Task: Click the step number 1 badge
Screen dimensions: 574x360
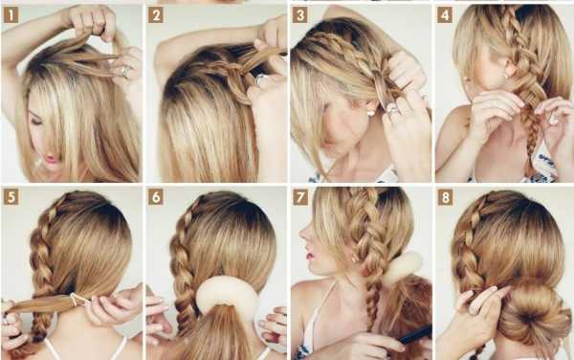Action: [x=11, y=15]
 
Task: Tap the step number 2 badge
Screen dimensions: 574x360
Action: [x=156, y=15]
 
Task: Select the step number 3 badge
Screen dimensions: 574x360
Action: [x=299, y=15]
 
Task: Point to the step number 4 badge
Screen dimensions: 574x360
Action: [x=445, y=15]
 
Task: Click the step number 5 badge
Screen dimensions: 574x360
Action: [x=11, y=197]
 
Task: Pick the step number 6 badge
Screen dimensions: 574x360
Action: [x=156, y=197]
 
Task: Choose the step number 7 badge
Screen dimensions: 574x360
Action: [x=300, y=198]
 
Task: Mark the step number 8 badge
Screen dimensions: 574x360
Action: [x=445, y=198]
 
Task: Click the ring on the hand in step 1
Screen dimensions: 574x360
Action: [x=125, y=71]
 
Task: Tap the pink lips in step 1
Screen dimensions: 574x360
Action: [x=53, y=159]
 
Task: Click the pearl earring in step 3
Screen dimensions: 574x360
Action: [x=371, y=112]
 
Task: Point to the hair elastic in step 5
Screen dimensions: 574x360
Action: [x=79, y=300]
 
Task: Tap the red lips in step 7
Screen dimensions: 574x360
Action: [x=310, y=253]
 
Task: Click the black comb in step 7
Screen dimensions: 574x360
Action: [x=415, y=335]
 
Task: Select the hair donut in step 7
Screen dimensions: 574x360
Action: [x=404, y=266]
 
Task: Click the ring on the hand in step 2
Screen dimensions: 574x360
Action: [x=262, y=79]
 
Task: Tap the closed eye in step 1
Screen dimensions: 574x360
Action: [x=37, y=122]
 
